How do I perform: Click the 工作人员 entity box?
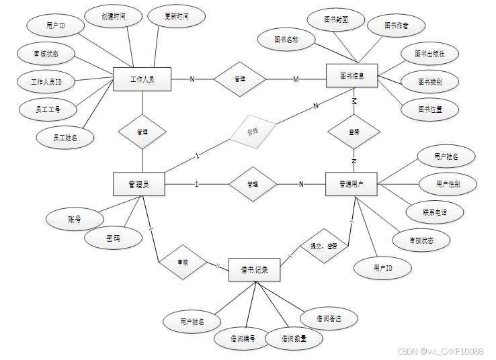(142, 79)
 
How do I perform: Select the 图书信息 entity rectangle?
(352, 76)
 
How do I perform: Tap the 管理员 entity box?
(139, 184)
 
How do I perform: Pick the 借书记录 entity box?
(254, 270)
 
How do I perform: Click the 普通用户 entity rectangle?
(352, 183)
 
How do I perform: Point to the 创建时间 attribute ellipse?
(113, 15)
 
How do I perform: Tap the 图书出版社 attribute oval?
(429, 54)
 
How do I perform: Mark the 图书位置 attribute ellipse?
(429, 109)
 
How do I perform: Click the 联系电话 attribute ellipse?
(434, 212)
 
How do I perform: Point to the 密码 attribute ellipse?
(114, 238)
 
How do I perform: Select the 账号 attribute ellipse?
(74, 219)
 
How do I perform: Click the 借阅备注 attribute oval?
(328, 318)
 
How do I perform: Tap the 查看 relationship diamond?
(354, 132)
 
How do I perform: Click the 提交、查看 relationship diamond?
(323, 246)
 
